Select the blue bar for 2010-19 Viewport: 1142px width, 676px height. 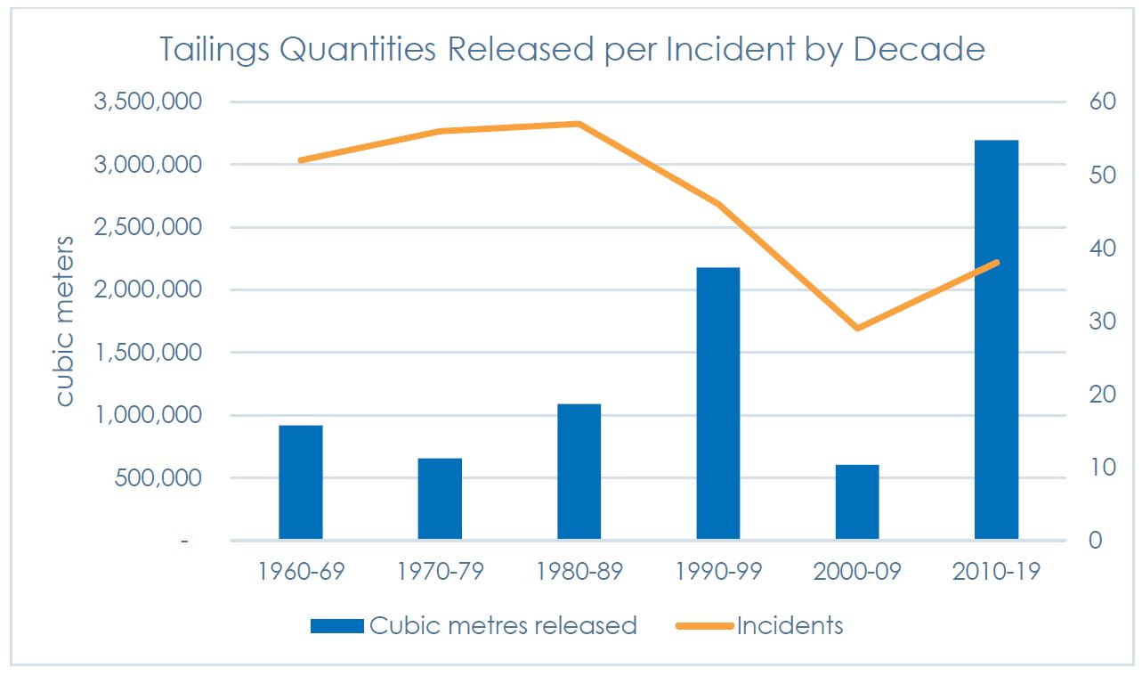point(996,339)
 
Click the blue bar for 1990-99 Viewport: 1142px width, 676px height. point(717,403)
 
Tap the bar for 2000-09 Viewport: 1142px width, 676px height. point(857,501)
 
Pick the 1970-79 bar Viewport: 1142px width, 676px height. point(440,499)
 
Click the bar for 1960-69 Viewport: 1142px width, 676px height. point(301,482)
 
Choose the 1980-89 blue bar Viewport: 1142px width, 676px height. point(579,471)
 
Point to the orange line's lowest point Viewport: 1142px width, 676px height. point(857,329)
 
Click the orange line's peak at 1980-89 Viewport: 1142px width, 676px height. point(579,124)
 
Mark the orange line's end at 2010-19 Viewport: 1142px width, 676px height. point(996,263)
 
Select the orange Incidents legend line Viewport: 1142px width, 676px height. point(704,626)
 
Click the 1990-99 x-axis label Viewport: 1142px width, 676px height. point(717,571)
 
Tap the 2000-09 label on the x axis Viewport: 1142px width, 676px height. point(857,571)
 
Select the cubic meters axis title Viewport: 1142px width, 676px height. point(65,321)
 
